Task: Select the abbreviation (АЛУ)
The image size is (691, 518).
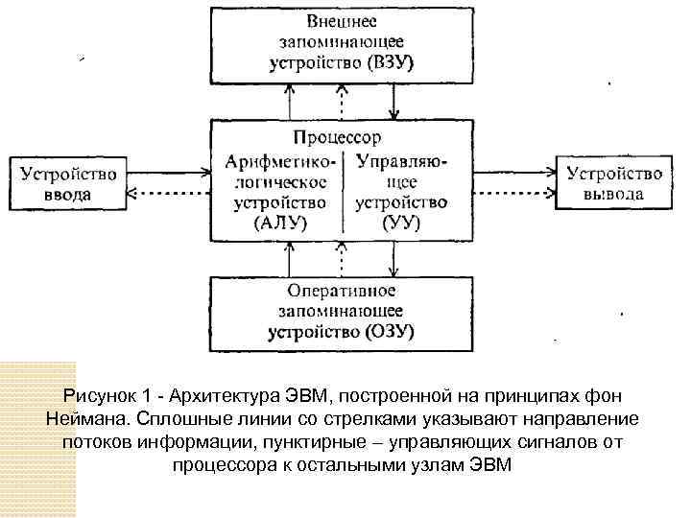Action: click(279, 224)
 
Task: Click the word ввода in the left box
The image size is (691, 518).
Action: click(66, 195)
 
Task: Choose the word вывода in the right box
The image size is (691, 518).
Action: click(614, 195)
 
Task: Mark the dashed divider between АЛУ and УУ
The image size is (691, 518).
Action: click(346, 192)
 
